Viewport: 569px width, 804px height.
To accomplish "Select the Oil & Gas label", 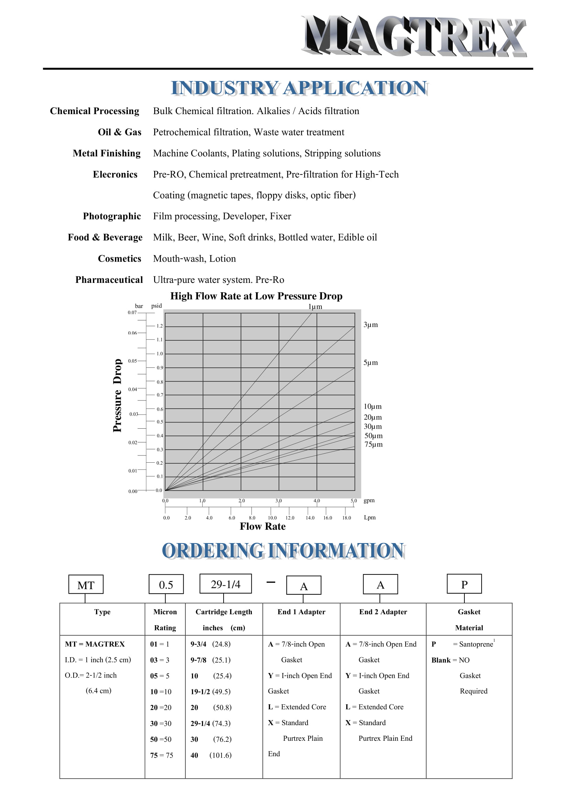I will pyautogui.click(x=119, y=132).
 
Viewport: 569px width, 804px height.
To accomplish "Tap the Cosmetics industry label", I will pyautogui.click(x=119, y=258).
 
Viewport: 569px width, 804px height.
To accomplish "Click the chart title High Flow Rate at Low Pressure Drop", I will pyautogui.click(x=256, y=296).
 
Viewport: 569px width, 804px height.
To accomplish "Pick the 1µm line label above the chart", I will pyautogui.click(x=315, y=307).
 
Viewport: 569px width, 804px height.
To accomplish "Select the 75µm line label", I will pyautogui.click(x=374, y=444).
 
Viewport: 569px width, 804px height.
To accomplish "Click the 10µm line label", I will pyautogui.click(x=373, y=407).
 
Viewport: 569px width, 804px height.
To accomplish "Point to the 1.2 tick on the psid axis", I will pyautogui.click(x=159, y=326).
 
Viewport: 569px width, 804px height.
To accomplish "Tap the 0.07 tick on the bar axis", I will pyautogui.click(x=132, y=312).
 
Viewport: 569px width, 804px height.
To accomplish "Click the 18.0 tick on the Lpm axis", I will pyautogui.click(x=346, y=518).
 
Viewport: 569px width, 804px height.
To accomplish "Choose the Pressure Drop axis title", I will pyautogui.click(x=117, y=395).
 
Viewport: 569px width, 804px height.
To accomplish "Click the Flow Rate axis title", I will pyautogui.click(x=262, y=527).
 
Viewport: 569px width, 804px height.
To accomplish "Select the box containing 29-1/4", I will pyautogui.click(x=226, y=584).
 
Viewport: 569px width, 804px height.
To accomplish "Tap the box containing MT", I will pyautogui.click(x=86, y=585).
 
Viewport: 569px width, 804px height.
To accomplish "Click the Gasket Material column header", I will pyautogui.click(x=469, y=620).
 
